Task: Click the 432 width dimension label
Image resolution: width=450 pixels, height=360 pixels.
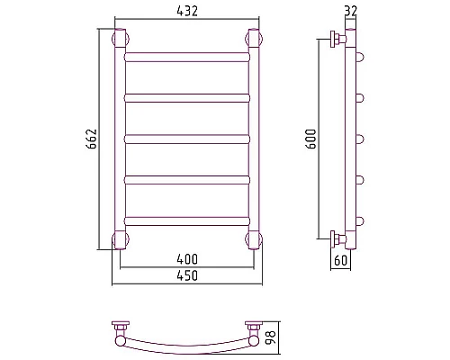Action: click(187, 11)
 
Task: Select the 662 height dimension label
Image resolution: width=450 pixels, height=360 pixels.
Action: click(92, 139)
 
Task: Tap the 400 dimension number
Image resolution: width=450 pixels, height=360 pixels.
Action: click(187, 259)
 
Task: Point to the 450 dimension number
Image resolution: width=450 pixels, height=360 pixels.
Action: click(187, 275)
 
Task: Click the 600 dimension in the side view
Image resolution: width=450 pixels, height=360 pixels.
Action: click(310, 139)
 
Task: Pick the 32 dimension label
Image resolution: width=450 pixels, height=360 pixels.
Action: click(351, 11)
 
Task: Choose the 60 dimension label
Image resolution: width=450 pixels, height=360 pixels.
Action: click(340, 260)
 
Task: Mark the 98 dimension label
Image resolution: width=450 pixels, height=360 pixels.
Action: click(270, 337)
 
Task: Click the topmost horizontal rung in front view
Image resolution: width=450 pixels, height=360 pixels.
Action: click(187, 57)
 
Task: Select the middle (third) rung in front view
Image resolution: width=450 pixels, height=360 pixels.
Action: click(187, 139)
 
